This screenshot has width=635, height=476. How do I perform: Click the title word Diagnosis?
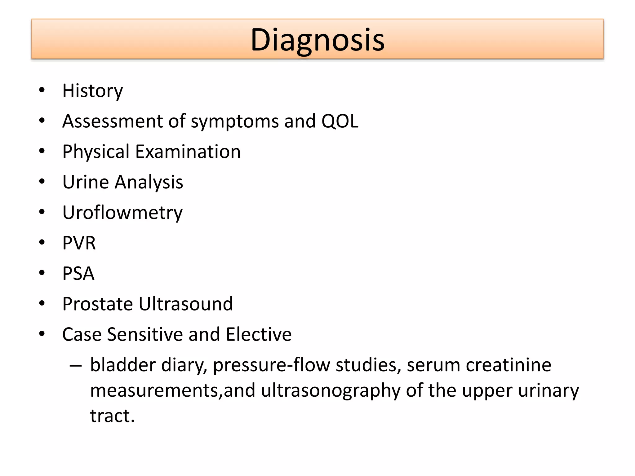[x=317, y=40]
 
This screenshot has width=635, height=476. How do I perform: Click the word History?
[x=92, y=91]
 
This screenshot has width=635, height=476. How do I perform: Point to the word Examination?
[x=188, y=152]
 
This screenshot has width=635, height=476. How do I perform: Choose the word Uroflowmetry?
[x=122, y=213]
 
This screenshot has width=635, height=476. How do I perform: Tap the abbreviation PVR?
[x=79, y=243]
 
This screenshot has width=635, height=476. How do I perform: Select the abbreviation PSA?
[x=78, y=273]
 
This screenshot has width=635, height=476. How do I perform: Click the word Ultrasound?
[x=185, y=304]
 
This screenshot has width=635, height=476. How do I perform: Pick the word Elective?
[x=259, y=334]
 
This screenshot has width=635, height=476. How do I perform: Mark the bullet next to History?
[x=42, y=90]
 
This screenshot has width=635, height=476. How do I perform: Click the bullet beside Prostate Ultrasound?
[x=42, y=303]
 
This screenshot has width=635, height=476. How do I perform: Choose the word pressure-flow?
[x=272, y=365]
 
